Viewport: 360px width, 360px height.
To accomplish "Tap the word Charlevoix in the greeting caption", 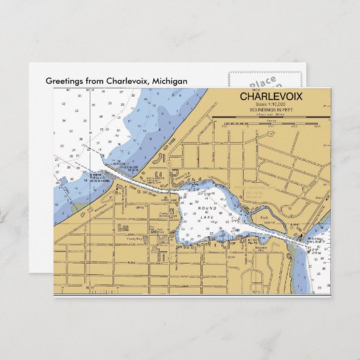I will [x=128, y=81].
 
